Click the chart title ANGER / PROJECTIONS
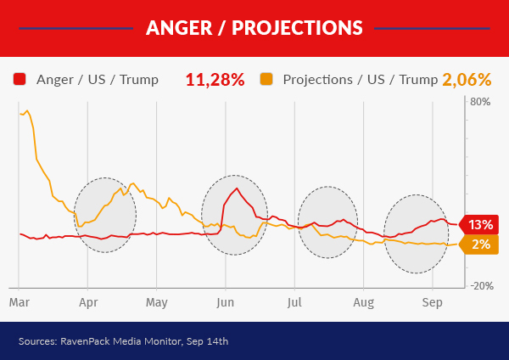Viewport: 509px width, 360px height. click(254, 28)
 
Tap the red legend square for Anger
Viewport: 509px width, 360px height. click(20, 80)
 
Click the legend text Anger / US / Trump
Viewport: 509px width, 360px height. click(98, 80)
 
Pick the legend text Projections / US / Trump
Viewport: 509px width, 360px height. click(354, 80)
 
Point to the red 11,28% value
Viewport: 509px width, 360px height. click(215, 80)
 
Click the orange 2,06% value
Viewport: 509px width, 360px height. click(467, 80)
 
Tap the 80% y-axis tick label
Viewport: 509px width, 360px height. click(480, 103)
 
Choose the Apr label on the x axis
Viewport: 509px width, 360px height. click(88, 301)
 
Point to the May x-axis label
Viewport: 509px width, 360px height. click(157, 301)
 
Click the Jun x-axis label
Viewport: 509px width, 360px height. click(226, 301)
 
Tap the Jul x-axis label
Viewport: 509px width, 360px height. click(294, 301)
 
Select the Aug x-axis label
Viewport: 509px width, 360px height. click(363, 301)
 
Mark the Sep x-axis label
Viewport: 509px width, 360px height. click(432, 301)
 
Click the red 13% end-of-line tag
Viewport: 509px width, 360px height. click(480, 225)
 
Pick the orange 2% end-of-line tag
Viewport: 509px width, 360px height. click(480, 245)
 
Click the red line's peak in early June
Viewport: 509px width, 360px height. click(237, 188)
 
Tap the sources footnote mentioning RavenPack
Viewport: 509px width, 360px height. click(123, 341)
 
